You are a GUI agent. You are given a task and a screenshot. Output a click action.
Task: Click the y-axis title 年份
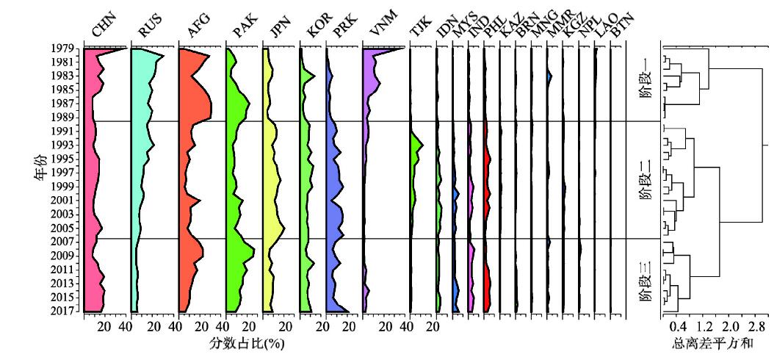pos(40,168)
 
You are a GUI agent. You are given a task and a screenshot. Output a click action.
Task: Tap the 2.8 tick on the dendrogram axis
pos(757,326)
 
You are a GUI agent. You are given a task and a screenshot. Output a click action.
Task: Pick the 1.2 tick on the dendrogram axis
pos(704,326)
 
